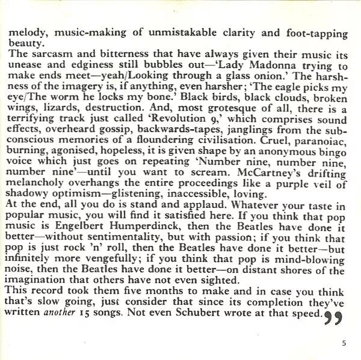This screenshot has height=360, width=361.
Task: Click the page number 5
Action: pos(344,344)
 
